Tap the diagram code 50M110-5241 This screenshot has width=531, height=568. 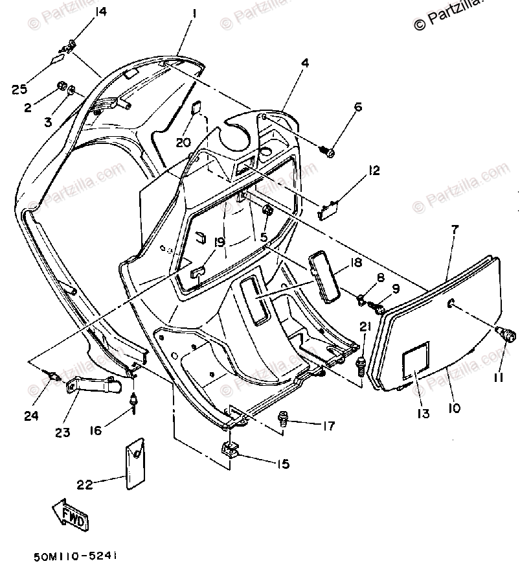[77, 556]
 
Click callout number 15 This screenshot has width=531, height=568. [282, 464]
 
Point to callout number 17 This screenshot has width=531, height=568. [328, 425]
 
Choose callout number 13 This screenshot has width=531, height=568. [424, 413]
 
